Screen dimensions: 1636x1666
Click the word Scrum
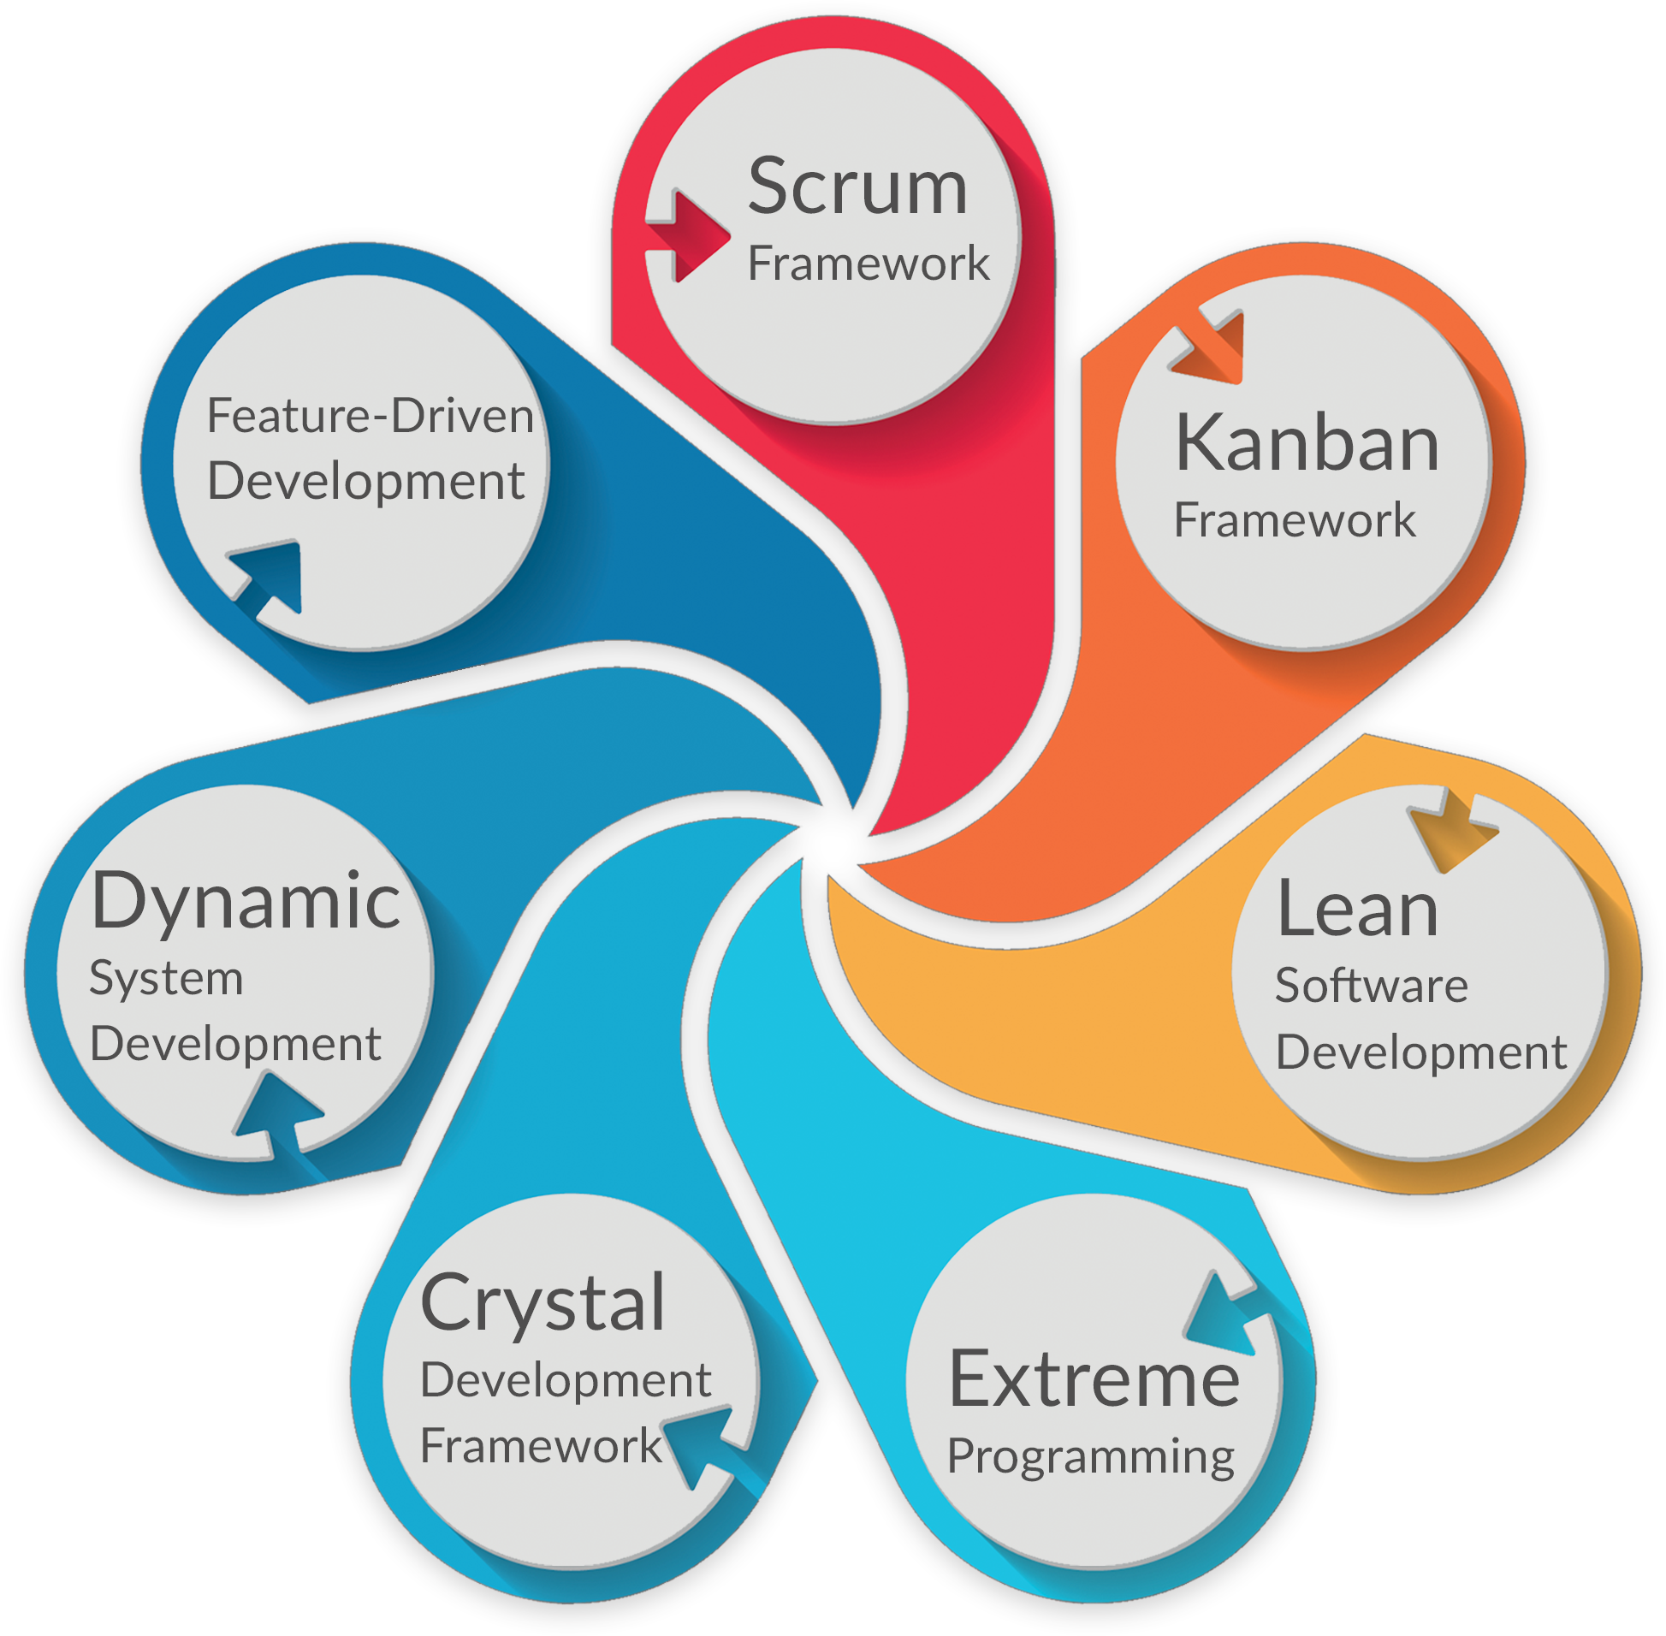(x=857, y=187)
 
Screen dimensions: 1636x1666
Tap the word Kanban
(x=1307, y=444)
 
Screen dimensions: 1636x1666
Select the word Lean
(x=1357, y=910)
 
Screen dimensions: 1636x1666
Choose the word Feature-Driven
(x=371, y=416)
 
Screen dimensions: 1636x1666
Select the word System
(x=166, y=978)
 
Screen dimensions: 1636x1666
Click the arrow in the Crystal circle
(x=700, y=1443)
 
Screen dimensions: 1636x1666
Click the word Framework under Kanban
(x=1294, y=520)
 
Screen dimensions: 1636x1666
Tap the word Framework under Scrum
(x=868, y=263)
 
